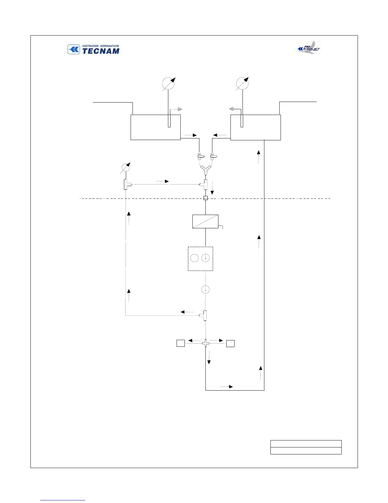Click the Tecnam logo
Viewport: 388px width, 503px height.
(94, 50)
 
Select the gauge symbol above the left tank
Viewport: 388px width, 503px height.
(168, 84)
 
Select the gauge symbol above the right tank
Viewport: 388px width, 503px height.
(242, 84)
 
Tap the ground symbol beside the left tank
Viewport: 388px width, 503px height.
(180, 109)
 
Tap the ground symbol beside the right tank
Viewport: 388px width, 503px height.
(231, 109)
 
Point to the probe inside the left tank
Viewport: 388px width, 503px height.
(169, 121)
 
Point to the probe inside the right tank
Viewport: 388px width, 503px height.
(242, 121)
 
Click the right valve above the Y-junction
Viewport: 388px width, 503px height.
(213, 156)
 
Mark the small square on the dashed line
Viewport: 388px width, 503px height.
(205, 198)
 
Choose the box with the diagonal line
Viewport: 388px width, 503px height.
(205, 221)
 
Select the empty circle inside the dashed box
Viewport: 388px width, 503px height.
(194, 258)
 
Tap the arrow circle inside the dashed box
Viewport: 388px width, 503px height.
(206, 258)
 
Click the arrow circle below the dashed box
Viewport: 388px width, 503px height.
(206, 289)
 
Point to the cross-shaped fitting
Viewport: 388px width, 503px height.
(206, 343)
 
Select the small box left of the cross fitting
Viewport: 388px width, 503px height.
(181, 343)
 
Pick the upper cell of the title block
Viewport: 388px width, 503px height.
(306, 444)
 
